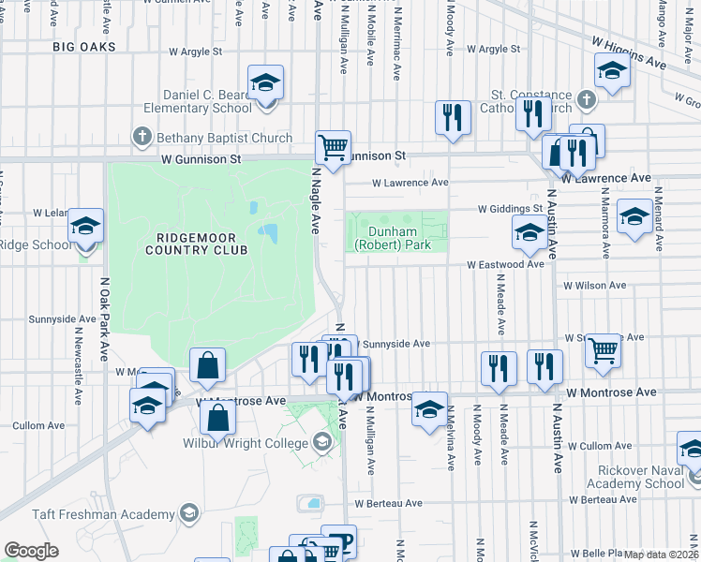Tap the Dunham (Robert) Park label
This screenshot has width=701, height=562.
(x=392, y=238)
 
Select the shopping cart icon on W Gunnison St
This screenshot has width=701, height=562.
(x=333, y=147)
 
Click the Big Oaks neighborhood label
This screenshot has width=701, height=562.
(x=84, y=46)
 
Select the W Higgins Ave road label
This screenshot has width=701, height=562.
(x=628, y=53)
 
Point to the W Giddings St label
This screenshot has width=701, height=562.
(x=510, y=209)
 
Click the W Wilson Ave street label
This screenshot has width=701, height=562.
(x=594, y=285)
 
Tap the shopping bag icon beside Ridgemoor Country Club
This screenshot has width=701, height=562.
(x=207, y=366)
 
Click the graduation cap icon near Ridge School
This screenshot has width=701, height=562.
(x=85, y=227)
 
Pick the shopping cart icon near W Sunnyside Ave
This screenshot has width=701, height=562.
(x=604, y=350)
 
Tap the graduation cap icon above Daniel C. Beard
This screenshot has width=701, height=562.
(x=265, y=82)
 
